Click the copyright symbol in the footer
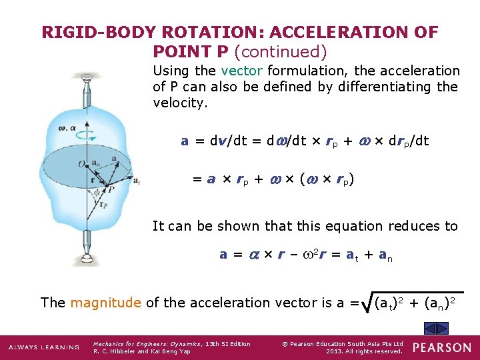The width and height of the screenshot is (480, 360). pyautogui.click(x=285, y=344)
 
